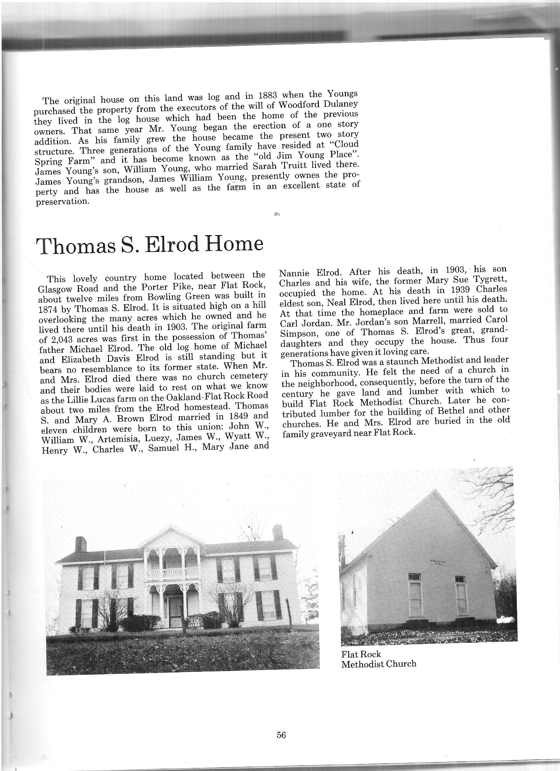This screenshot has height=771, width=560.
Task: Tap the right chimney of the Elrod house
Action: tap(277, 532)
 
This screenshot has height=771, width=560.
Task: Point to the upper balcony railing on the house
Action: tap(173, 573)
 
